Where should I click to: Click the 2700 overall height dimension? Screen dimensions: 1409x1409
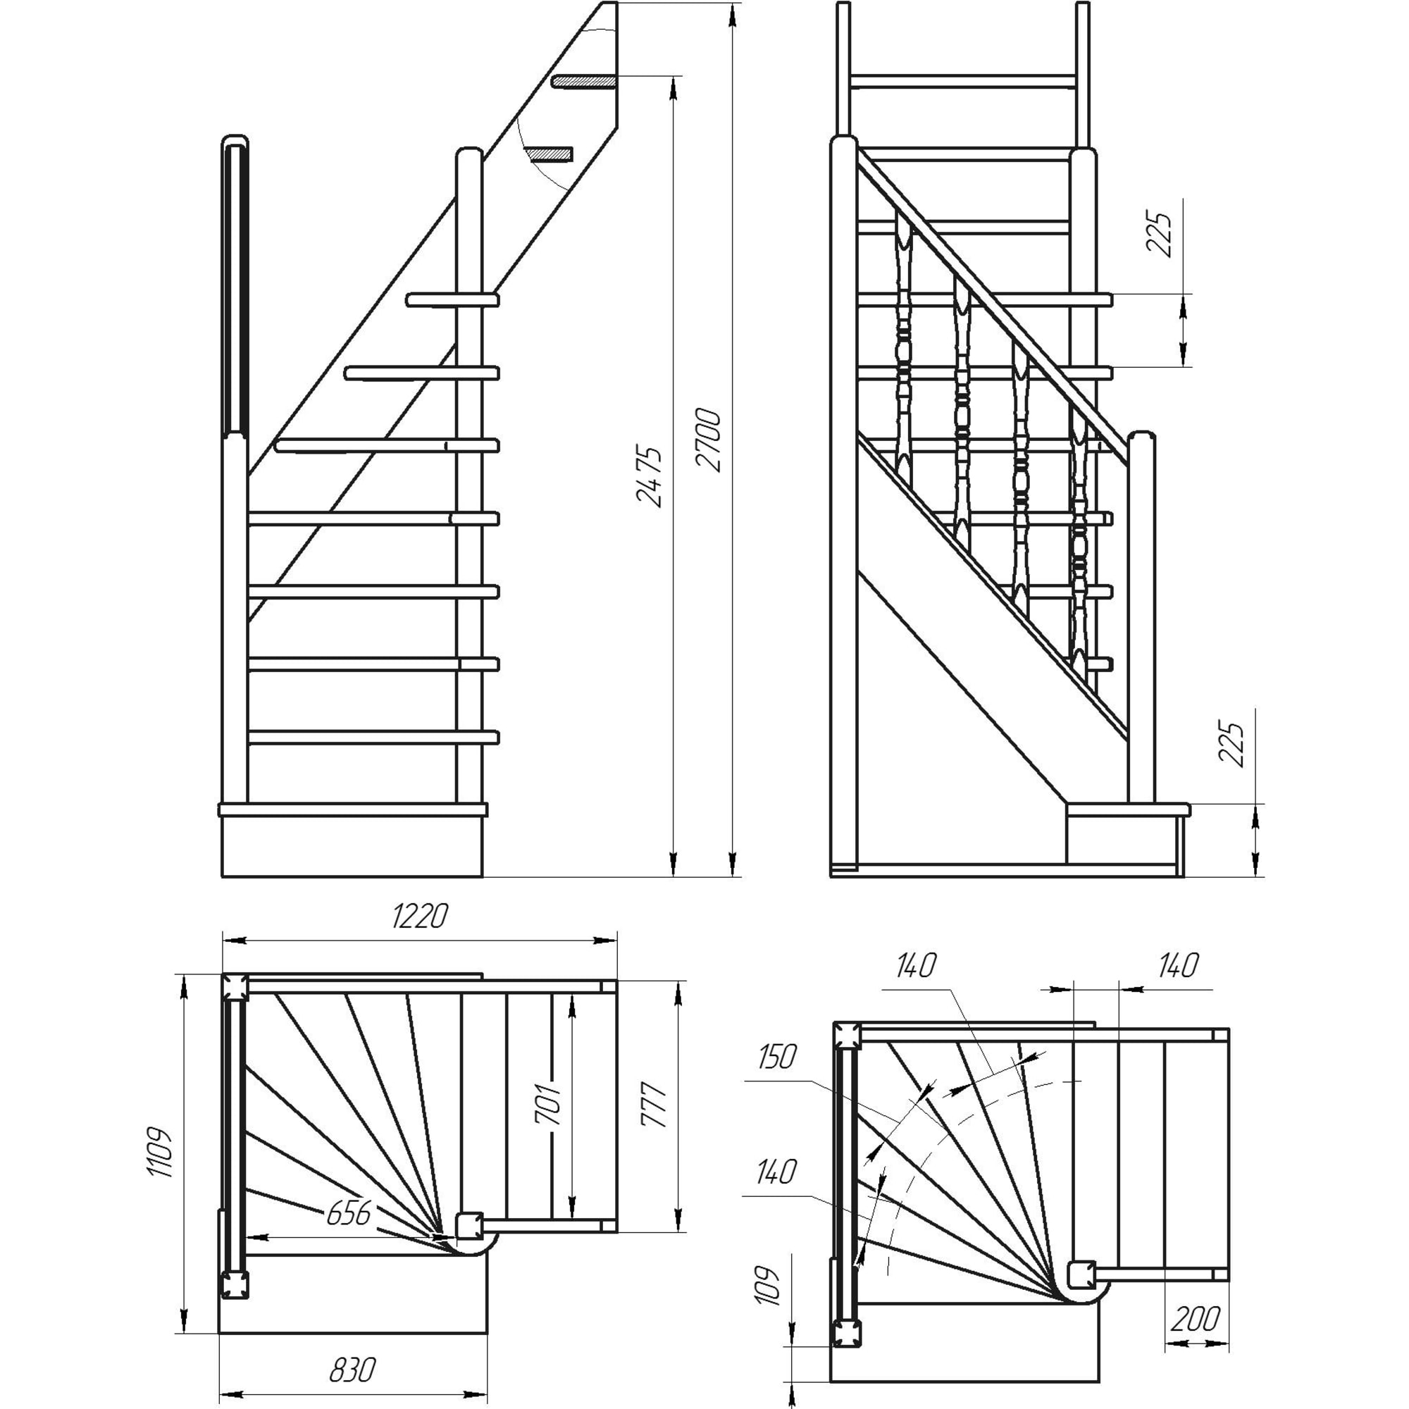coord(708,440)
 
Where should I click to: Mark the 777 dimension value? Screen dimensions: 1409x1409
coord(654,1106)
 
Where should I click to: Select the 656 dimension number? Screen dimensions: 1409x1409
coord(349,1214)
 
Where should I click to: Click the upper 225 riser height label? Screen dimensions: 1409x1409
coord(1159,234)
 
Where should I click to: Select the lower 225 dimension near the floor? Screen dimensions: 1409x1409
coord(1231,745)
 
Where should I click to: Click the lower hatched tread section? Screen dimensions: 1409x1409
coord(550,154)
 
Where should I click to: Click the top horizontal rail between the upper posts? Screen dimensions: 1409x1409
coord(963,81)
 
